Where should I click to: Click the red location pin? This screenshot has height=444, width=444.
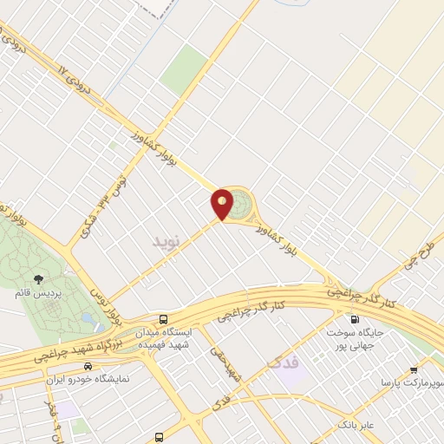[223, 203]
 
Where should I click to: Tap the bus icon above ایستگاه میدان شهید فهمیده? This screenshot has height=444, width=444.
[164, 318]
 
